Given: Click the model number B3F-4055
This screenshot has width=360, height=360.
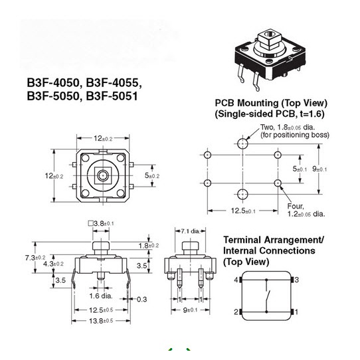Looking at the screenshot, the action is pos(112,82).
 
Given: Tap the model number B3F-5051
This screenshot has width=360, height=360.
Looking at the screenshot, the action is pos(112,96).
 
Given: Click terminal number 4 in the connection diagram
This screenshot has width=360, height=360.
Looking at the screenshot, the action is pos(236,280).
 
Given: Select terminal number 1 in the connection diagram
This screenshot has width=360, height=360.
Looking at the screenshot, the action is pos(296,312).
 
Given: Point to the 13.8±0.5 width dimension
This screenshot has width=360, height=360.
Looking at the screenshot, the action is pos(101,321).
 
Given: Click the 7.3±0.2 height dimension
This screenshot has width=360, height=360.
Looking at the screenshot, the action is pos(35,258).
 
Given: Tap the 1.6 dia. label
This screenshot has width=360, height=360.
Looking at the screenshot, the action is pos(101,296).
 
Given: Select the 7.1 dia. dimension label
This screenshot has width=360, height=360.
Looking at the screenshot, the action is pos(191,231).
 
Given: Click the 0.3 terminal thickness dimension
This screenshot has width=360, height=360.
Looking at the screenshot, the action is pos(142,299).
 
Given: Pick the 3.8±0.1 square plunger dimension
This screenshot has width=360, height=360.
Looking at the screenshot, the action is pos(101,223).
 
